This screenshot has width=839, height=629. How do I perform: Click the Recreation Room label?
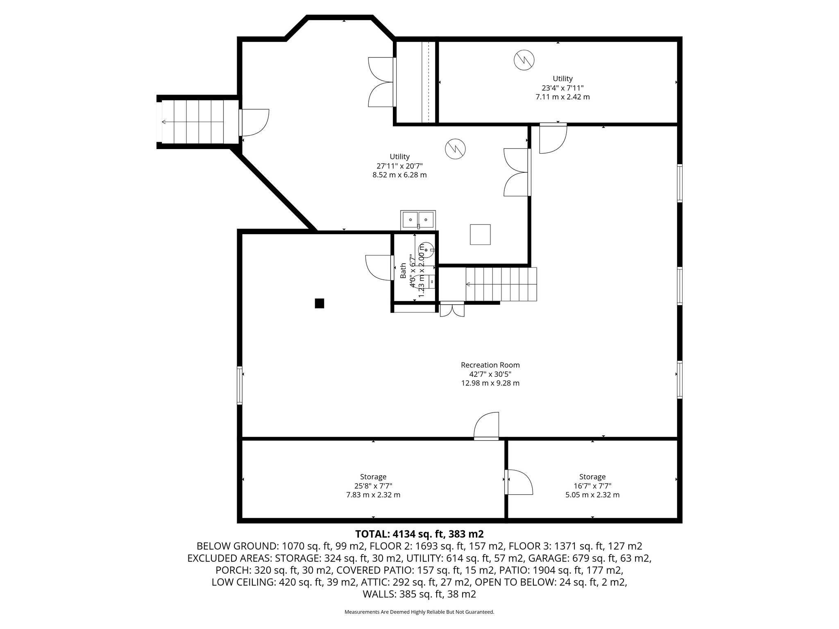[x=490, y=365]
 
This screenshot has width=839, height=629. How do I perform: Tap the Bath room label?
[x=403, y=271]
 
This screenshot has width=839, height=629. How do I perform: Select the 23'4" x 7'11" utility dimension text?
[x=562, y=88]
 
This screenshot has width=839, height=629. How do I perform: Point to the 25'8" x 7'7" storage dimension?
[x=373, y=486]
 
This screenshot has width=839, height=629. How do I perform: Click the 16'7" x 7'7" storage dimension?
[x=592, y=486]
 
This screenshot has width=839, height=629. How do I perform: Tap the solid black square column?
[x=320, y=303]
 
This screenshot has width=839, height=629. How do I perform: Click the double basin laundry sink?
[x=418, y=219]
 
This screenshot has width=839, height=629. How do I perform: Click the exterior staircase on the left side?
[x=199, y=122]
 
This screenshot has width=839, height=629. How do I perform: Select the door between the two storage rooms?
[x=519, y=482]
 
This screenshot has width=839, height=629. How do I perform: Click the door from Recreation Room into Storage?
[x=486, y=426]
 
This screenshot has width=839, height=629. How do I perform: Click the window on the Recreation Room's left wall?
[x=240, y=385]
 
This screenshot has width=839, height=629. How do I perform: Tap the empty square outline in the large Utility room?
[x=480, y=235]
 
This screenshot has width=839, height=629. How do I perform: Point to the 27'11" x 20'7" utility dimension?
[x=400, y=166]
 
